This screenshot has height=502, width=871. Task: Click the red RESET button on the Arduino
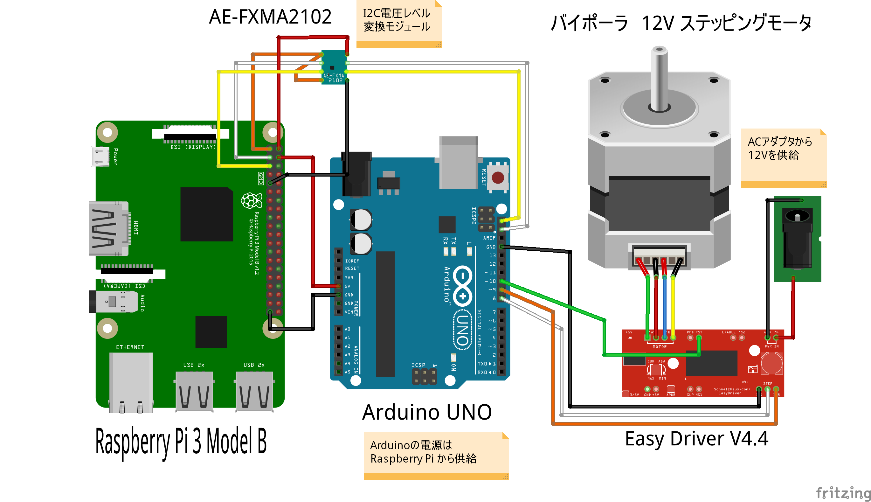tap(498, 178)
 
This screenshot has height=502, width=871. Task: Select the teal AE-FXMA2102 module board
tap(334, 67)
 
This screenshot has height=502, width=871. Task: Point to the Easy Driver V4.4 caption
tap(696, 439)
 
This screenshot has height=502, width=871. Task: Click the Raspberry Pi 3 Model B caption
tap(181, 441)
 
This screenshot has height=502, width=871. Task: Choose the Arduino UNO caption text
tap(427, 412)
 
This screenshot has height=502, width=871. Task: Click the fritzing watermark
tap(843, 493)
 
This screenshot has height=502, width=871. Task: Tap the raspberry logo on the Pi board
tap(251, 201)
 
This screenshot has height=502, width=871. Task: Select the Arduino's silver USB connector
tap(459, 162)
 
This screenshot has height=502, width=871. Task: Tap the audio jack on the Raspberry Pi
tap(114, 302)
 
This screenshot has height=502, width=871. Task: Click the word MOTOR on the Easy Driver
tap(660, 347)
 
